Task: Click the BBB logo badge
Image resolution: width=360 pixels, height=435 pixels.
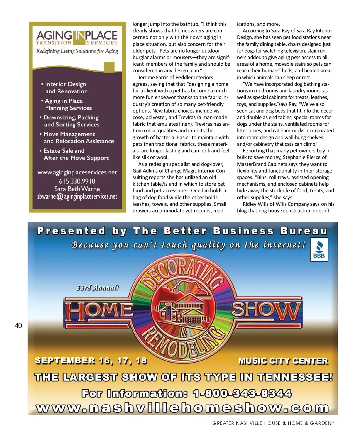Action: tap(319, 249)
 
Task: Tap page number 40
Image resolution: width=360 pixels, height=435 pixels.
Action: tap(18, 325)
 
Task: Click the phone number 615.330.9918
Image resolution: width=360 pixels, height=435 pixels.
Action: tap(77, 181)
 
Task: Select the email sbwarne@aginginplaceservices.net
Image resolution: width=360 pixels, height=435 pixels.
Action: tap(77, 196)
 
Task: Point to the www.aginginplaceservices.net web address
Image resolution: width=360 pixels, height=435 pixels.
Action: tap(77, 172)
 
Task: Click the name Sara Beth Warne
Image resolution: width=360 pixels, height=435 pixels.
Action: tap(77, 189)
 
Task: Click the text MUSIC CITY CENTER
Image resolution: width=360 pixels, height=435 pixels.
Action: tap(283, 361)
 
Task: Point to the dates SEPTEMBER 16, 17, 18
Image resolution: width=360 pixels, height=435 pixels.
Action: tap(91, 360)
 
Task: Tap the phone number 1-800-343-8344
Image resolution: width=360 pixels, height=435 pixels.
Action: tap(242, 393)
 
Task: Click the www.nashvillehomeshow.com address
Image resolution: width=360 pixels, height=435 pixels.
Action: tap(182, 408)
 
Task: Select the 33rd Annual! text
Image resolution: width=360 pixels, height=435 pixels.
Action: tap(97, 288)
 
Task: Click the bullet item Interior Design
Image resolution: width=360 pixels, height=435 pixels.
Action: tap(65, 84)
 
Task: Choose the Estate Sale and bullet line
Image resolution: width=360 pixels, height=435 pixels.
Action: tap(64, 151)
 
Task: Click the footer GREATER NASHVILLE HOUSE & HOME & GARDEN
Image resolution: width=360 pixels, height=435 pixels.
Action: tap(273, 423)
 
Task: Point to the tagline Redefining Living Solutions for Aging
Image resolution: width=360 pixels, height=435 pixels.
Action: tap(77, 51)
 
